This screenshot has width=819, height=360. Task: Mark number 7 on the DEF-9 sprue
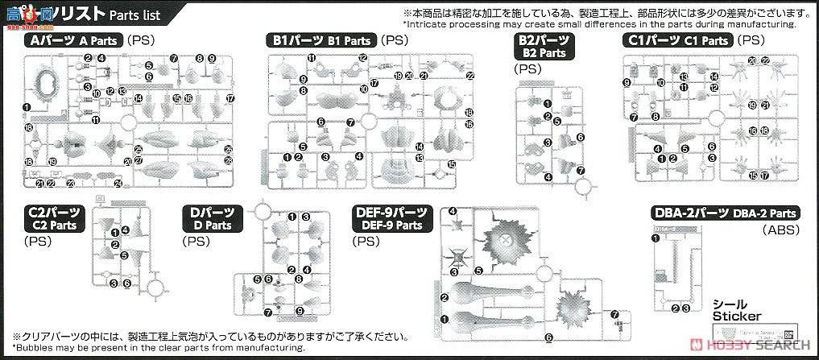(615, 314)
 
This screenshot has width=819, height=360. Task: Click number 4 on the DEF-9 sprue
(453, 212)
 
